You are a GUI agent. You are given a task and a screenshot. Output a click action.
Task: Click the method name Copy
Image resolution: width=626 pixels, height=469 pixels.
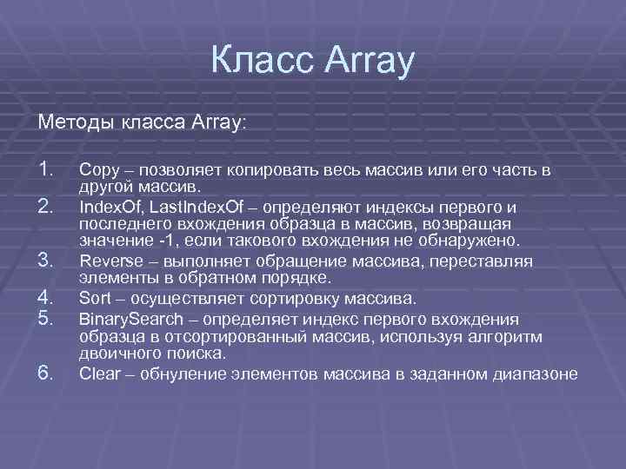(x=97, y=170)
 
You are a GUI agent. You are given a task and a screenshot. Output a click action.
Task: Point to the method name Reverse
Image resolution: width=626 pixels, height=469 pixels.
(x=107, y=261)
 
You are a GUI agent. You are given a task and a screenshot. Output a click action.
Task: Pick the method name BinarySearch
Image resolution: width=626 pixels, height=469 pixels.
(x=127, y=319)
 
